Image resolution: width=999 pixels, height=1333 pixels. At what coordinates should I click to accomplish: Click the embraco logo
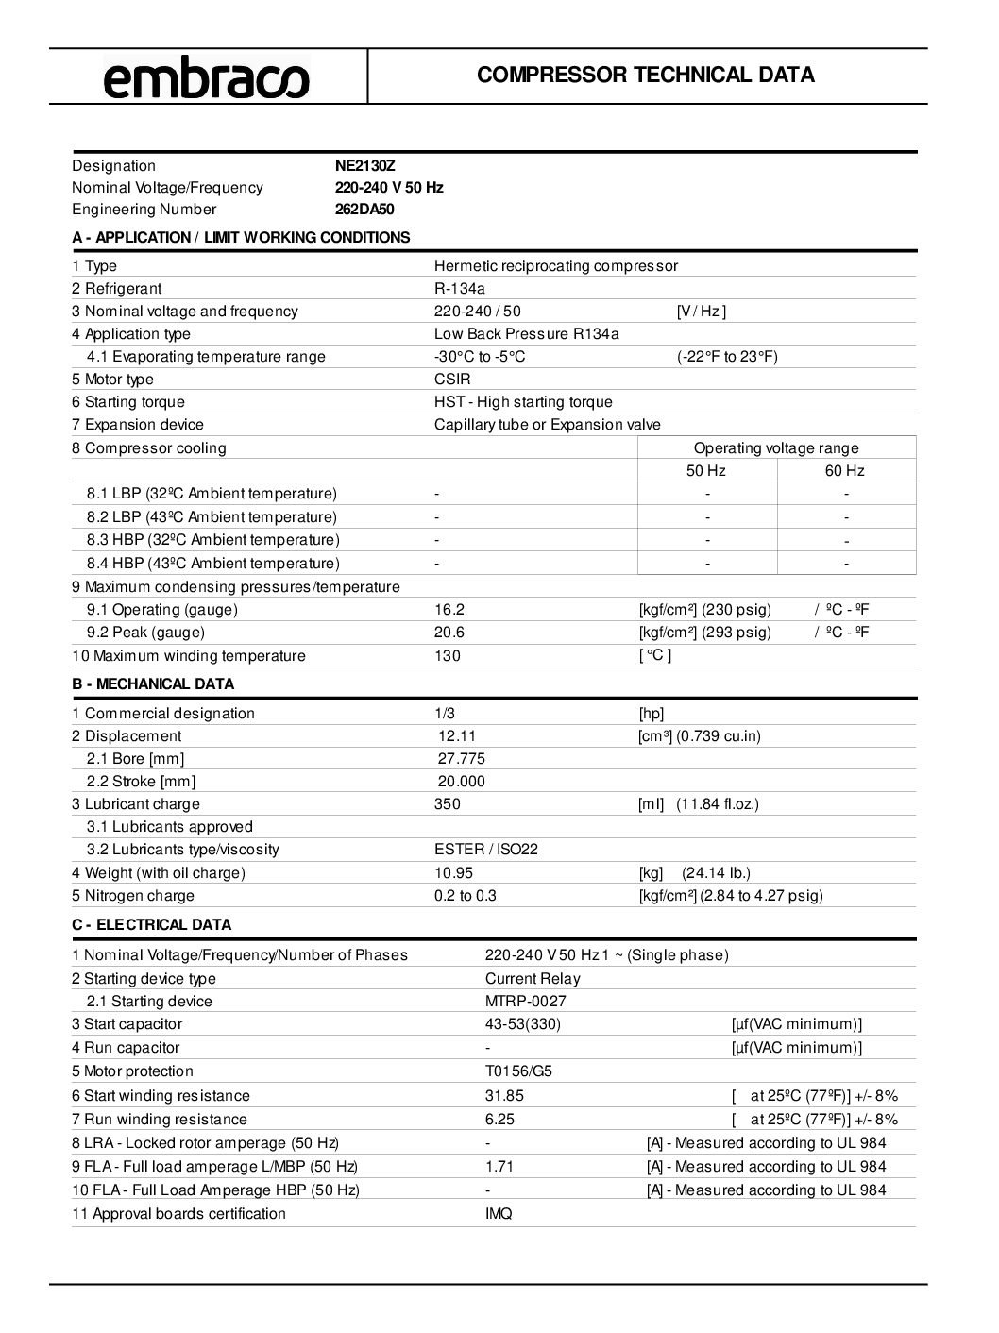click(206, 77)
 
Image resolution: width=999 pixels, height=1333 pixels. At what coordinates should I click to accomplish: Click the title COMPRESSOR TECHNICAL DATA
click(646, 76)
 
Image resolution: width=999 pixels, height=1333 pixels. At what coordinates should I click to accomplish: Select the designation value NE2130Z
click(365, 165)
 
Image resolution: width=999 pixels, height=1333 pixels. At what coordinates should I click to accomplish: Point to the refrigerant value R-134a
click(460, 289)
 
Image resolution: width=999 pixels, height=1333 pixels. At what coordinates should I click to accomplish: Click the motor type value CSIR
click(452, 380)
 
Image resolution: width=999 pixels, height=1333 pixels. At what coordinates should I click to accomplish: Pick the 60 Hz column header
click(845, 471)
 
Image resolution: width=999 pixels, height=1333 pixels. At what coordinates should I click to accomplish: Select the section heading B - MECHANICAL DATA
click(153, 684)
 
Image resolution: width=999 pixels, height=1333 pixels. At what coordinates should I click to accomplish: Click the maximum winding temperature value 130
click(448, 656)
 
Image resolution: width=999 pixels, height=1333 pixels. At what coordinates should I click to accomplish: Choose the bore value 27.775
click(462, 759)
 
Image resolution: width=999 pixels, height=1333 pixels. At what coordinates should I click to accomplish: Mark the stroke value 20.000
click(462, 782)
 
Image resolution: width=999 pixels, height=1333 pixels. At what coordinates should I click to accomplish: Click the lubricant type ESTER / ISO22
click(486, 850)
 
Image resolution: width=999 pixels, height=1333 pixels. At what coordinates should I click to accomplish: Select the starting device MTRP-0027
click(526, 1002)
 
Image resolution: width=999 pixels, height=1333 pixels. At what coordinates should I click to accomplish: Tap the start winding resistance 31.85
click(504, 1096)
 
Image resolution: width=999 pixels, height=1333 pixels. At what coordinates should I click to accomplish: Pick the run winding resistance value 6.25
click(500, 1120)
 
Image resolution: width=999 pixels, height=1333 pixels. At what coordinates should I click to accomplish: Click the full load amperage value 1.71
click(499, 1167)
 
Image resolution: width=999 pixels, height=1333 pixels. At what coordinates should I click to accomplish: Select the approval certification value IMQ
click(499, 1214)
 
